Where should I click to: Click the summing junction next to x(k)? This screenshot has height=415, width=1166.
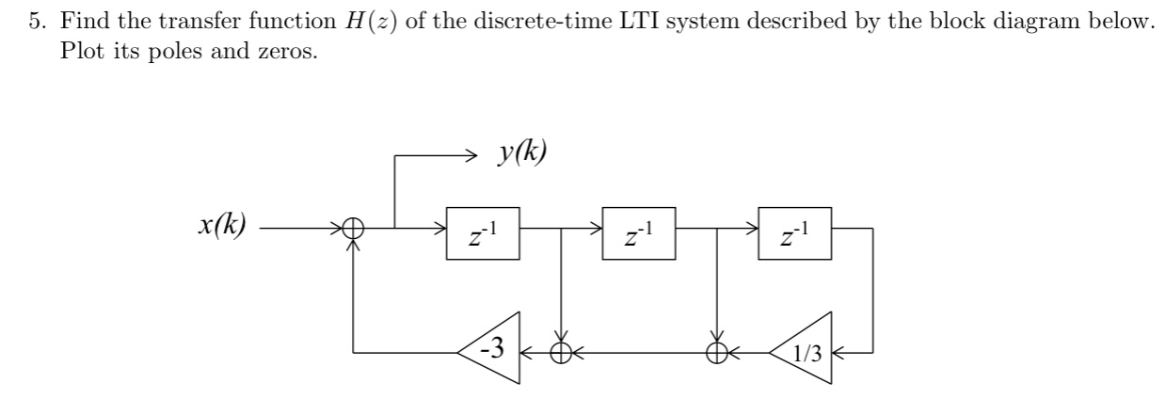click(x=354, y=228)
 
